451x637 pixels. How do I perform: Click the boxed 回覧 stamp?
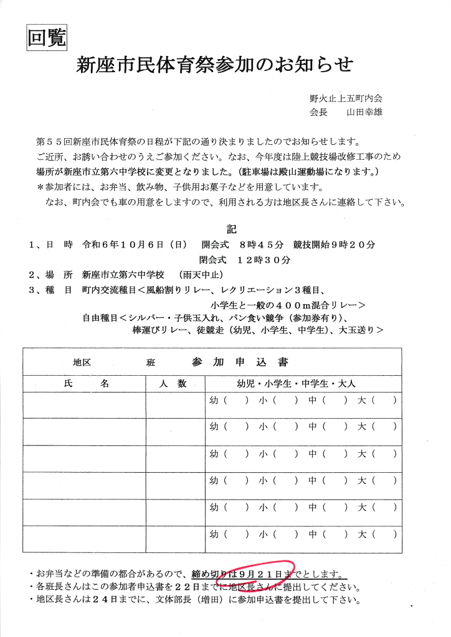[x=47, y=39]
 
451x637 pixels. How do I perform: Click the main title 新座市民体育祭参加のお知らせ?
[x=214, y=65]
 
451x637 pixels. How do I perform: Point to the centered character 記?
[x=232, y=230]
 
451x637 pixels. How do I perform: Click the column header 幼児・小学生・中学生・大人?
[x=296, y=384]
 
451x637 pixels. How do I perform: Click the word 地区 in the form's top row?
[x=82, y=363]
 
